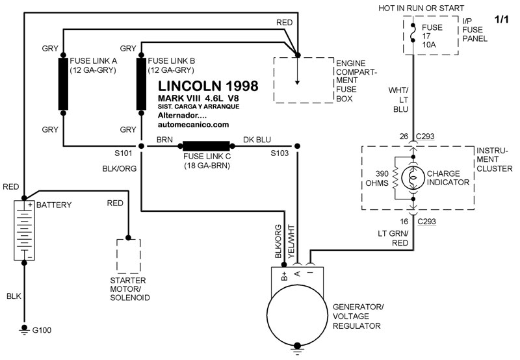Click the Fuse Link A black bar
[x=63, y=84]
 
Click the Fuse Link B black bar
[x=140, y=84]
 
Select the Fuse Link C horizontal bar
[x=206, y=146]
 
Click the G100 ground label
[x=42, y=331]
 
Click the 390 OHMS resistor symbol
[x=393, y=179]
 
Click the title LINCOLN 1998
[x=208, y=85]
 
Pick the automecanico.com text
[x=194, y=125]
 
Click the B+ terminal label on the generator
[x=283, y=276]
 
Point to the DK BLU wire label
[x=257, y=139]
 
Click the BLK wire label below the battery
[x=15, y=296]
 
